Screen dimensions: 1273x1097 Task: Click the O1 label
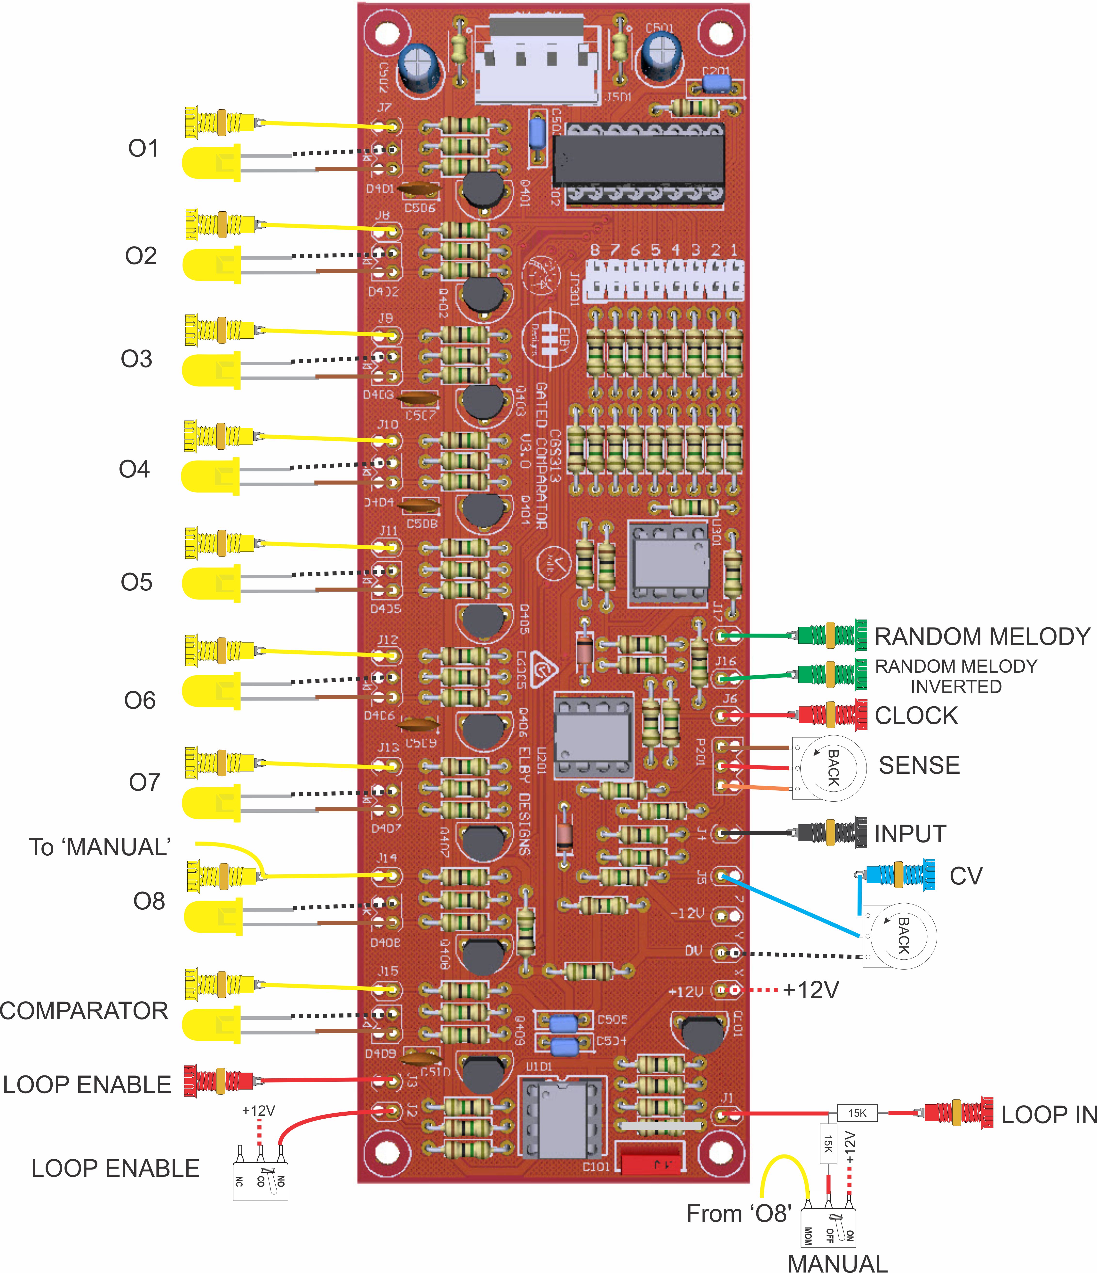[x=143, y=149]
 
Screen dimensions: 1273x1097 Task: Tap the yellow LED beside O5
[x=212, y=584]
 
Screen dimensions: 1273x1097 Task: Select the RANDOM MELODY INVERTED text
[x=956, y=676]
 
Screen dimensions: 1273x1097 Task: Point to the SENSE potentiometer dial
[x=829, y=767]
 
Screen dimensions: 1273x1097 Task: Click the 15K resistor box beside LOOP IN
[x=858, y=1113]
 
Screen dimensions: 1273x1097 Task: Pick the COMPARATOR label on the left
[x=84, y=1011]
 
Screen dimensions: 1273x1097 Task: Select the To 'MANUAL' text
[x=100, y=847]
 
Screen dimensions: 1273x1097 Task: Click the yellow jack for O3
[x=220, y=330]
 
